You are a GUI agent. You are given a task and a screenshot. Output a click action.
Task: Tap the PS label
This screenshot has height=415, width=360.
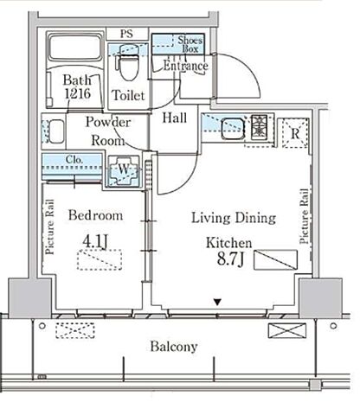click(x=126, y=34)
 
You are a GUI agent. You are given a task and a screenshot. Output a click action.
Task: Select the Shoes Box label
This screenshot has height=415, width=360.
click(x=190, y=44)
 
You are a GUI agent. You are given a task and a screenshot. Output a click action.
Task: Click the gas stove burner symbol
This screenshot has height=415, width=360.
click(x=259, y=127)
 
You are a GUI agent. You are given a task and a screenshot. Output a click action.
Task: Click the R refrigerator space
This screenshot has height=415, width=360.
click(x=295, y=133)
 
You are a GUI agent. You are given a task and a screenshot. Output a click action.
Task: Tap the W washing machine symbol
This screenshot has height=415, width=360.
click(x=124, y=171)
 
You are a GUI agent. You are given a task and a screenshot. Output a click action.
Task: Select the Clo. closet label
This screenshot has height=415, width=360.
click(x=74, y=159)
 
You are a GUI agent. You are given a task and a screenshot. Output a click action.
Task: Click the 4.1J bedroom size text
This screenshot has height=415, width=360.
click(x=95, y=241)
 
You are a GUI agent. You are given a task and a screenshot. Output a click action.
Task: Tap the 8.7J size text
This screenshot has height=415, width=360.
click(x=230, y=259)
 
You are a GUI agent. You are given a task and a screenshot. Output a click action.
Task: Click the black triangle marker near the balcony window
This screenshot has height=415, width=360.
click(x=217, y=302)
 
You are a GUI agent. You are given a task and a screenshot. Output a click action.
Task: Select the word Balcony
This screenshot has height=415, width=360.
click(x=174, y=347)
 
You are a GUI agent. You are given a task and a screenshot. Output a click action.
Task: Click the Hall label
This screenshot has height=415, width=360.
click(x=174, y=118)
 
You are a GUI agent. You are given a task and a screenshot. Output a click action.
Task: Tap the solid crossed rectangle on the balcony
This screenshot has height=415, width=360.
click(x=287, y=330)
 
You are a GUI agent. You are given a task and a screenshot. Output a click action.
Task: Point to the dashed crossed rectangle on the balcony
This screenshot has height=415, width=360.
click(x=75, y=330)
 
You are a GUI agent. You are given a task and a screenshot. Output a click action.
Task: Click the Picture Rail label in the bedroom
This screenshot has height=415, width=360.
click(x=50, y=227)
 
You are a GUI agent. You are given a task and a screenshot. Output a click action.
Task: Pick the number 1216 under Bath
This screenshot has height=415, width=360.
click(x=78, y=93)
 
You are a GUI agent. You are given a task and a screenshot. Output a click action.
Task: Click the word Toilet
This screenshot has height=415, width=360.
click(x=128, y=95)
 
